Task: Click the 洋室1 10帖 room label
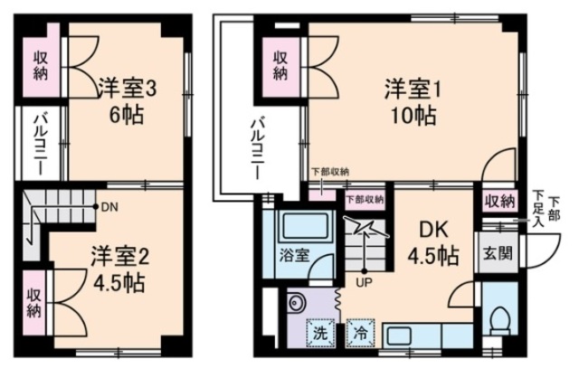(x=412, y=101)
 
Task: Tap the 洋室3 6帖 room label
(x=127, y=101)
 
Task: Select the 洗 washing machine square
(x=319, y=332)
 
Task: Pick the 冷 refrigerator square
(x=361, y=332)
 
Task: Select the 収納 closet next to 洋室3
(x=42, y=64)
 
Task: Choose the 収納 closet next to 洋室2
(x=33, y=302)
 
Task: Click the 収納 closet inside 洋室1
(x=281, y=64)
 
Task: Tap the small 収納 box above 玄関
(x=498, y=202)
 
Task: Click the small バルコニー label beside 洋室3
(x=41, y=141)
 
